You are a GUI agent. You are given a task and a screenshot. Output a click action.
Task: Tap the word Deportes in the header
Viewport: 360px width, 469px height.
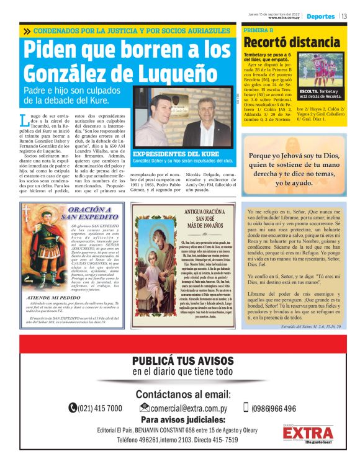tap(321, 16)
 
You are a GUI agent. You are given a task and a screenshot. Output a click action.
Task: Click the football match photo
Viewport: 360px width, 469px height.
tap(320, 68)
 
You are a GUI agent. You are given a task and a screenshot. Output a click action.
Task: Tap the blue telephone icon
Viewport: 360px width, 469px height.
tap(73, 408)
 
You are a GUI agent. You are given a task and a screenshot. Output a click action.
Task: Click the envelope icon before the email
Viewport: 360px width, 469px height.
tap(145, 408)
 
